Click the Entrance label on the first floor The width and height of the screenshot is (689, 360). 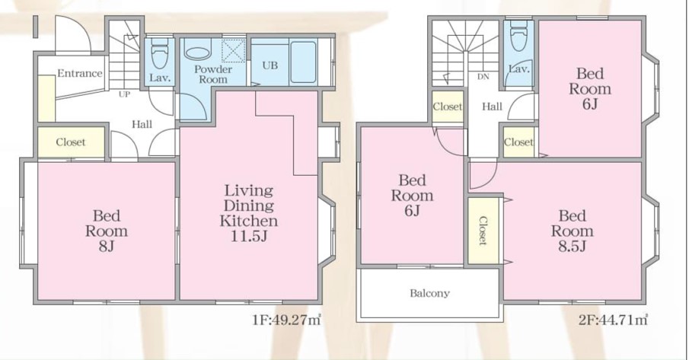coord(79,73)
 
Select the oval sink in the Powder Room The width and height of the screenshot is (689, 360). coord(198,53)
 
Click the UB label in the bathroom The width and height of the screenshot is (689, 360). coord(270,65)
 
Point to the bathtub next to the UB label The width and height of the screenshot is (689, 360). coord(303,62)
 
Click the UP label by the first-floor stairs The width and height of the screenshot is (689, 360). coord(124,94)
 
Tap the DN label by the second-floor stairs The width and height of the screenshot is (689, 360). coord(483,77)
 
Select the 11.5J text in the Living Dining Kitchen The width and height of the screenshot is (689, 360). coord(249,236)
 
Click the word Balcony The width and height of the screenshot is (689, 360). coord(429,293)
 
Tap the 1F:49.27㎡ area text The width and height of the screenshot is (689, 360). coord(287,320)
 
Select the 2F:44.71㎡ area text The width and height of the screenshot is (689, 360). coord(613,320)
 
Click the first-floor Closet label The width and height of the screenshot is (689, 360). coord(71,142)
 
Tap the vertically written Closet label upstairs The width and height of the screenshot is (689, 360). coord(483,231)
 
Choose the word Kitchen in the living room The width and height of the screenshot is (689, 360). coord(249,221)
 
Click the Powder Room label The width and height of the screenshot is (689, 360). coord(213,75)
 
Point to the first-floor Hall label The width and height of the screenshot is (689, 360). coord(142,124)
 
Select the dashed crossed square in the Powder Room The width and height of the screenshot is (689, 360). coord(233,51)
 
